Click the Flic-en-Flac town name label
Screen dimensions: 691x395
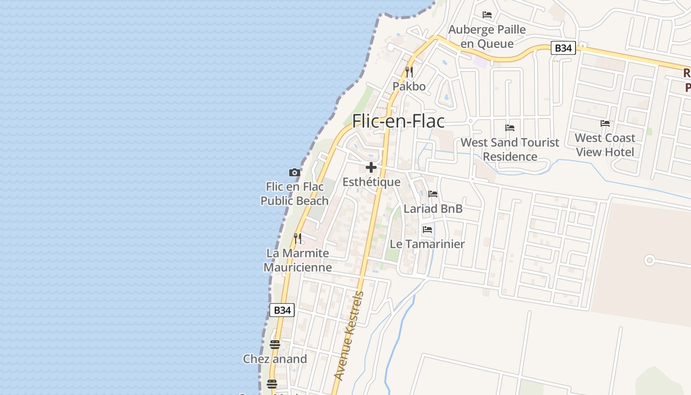pyautogui.click(x=398, y=121)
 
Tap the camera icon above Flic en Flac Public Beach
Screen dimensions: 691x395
pyautogui.click(x=295, y=172)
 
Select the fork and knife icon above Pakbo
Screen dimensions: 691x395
pyautogui.click(x=409, y=72)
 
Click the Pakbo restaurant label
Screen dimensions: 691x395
pyautogui.click(x=409, y=86)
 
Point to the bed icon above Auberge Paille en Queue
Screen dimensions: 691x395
pyautogui.click(x=487, y=15)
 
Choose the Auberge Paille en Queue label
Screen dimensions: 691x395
pyautogui.click(x=487, y=37)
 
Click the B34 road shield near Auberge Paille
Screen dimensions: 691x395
pyautogui.click(x=563, y=48)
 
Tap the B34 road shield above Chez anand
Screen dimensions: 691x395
pyautogui.click(x=282, y=310)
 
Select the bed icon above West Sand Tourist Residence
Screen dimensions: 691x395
pyautogui.click(x=510, y=128)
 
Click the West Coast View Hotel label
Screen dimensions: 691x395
pyautogui.click(x=605, y=145)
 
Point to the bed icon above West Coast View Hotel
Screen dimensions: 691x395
pyautogui.click(x=605, y=123)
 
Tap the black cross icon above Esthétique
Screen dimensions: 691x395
pyautogui.click(x=371, y=167)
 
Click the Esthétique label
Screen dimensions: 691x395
pyautogui.click(x=371, y=182)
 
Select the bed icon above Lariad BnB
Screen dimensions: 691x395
pyautogui.click(x=433, y=194)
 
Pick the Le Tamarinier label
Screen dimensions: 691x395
pyautogui.click(x=427, y=244)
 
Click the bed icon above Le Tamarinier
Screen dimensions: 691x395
pyautogui.click(x=427, y=230)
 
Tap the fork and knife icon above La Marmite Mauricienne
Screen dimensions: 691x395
pyautogui.click(x=298, y=238)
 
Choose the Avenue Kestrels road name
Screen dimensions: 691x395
pyautogui.click(x=349, y=336)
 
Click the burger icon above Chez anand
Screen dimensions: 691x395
pyautogui.click(x=275, y=345)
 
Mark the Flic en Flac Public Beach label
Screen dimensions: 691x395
pyautogui.click(x=295, y=194)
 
